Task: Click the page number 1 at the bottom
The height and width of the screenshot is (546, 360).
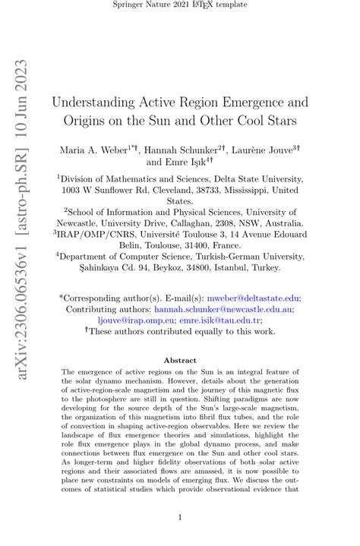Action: coord(179,518)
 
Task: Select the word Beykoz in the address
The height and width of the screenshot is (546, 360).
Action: coord(161,267)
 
